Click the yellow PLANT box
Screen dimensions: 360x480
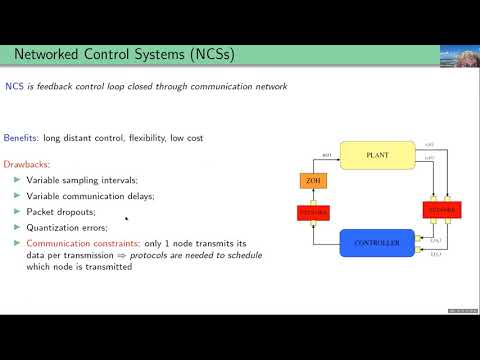click(376, 155)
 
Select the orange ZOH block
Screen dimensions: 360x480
click(311, 181)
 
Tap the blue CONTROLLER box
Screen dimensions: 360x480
click(376, 242)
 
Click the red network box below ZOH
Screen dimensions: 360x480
click(313, 212)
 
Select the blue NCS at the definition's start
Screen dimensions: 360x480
click(15, 87)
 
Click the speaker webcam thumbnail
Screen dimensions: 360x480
click(458, 57)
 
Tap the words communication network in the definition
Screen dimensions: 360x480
click(243, 87)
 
